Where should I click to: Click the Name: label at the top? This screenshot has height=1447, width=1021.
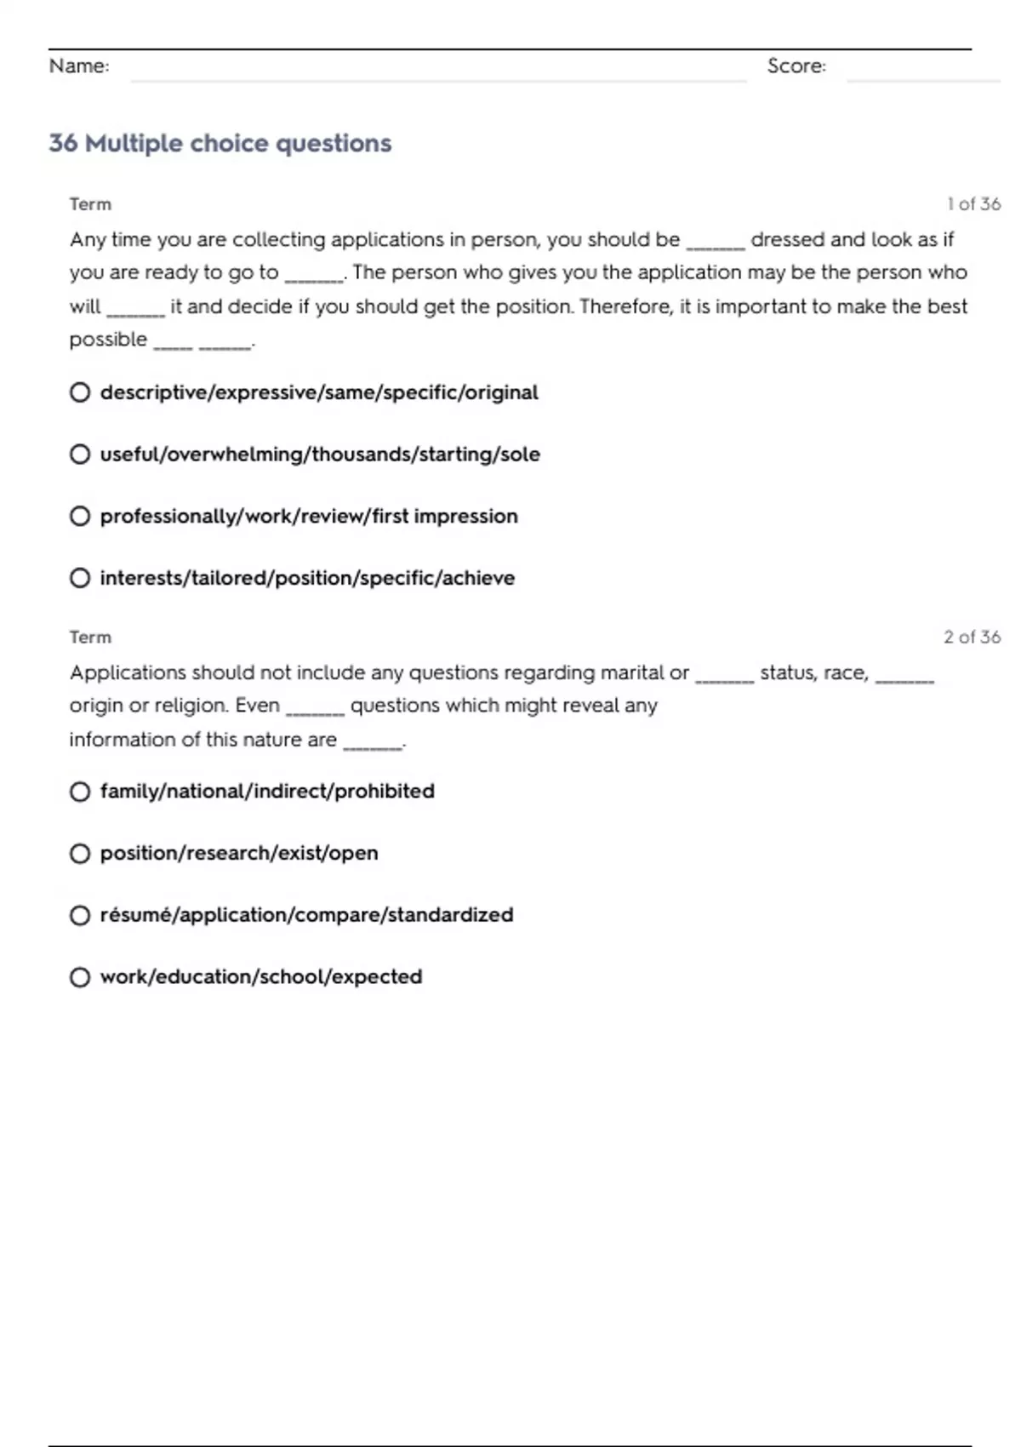point(79,66)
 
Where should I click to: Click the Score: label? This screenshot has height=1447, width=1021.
point(796,66)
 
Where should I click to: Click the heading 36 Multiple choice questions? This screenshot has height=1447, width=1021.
point(220,143)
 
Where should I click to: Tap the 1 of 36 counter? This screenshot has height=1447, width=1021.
point(973,204)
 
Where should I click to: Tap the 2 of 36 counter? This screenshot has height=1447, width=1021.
point(972,638)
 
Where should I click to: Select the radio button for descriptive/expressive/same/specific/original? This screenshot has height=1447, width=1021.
point(80,392)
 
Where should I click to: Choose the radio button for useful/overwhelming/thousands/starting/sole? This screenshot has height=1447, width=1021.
point(80,455)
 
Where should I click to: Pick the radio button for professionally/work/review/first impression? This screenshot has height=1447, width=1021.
point(80,517)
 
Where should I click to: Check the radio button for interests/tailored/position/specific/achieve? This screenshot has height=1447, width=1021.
point(80,579)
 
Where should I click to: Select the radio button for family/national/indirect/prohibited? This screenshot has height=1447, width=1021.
point(80,792)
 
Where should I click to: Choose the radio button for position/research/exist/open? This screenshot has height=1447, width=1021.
point(80,854)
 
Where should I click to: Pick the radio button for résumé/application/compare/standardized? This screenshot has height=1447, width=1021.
point(80,916)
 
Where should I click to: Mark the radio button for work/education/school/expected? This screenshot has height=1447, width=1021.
point(80,977)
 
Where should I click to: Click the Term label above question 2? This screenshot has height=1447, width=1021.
point(90,638)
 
